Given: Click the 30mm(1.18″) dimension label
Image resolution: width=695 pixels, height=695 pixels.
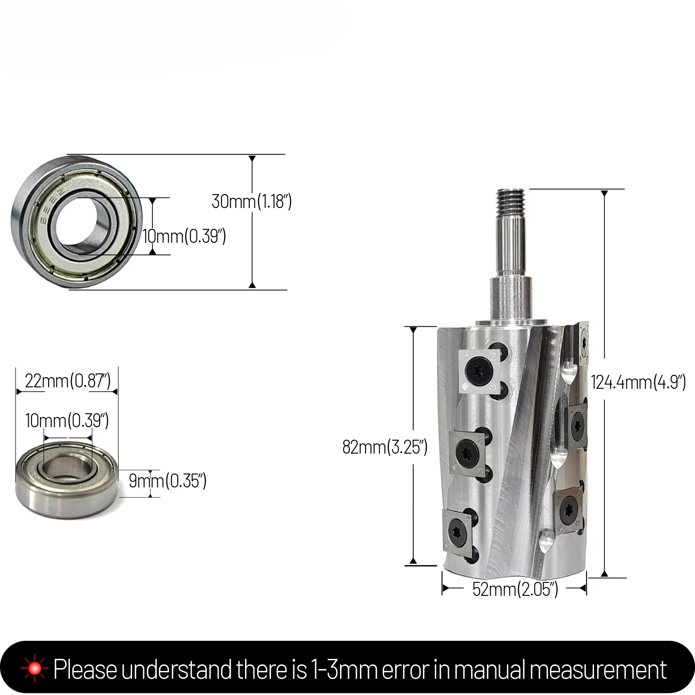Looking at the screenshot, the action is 252,202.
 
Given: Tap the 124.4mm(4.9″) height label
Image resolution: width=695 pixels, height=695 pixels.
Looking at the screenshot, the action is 638,383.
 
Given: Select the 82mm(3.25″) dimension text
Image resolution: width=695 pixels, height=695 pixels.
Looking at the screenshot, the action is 385,447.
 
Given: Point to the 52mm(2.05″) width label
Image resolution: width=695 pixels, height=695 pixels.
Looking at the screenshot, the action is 515,589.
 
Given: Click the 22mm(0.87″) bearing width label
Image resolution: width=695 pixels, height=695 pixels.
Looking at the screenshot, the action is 68,381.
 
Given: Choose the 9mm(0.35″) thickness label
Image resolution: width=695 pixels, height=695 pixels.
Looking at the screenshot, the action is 168,481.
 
